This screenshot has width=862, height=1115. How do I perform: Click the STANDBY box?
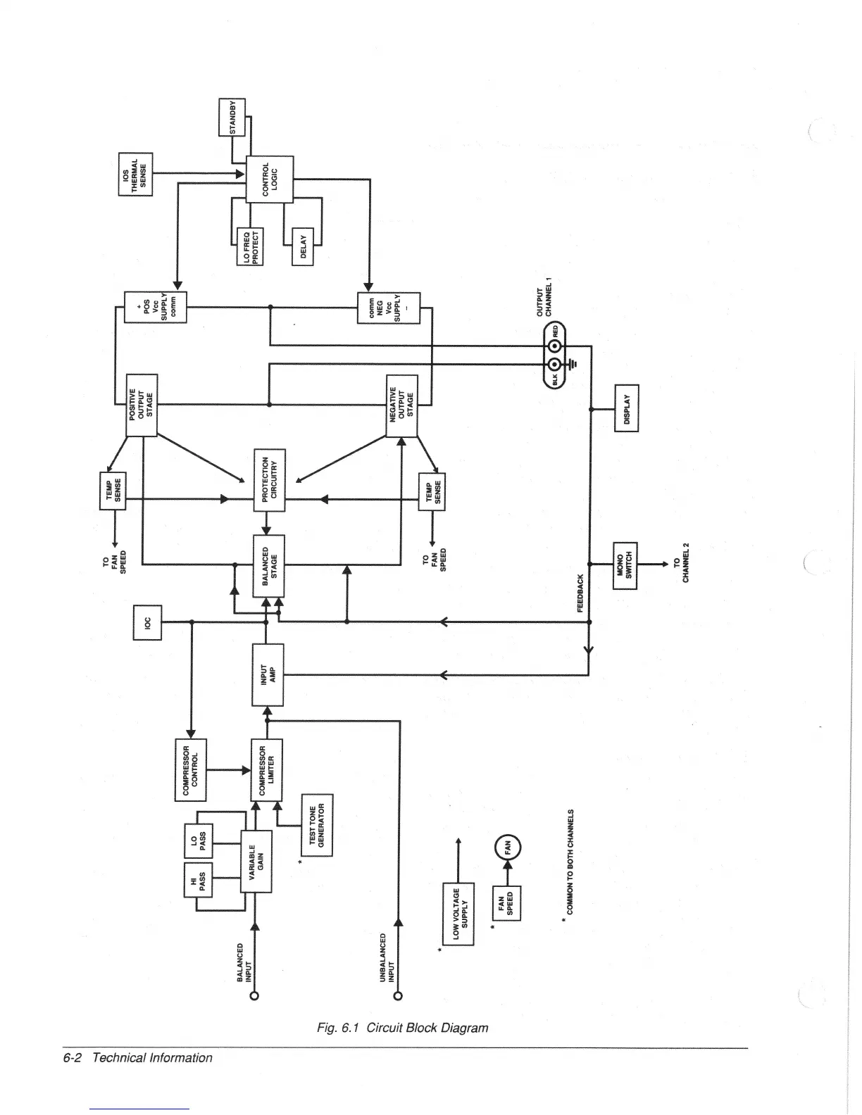click(232, 117)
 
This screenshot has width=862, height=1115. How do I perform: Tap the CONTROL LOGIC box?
click(269, 179)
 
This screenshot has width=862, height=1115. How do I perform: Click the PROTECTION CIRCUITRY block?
click(269, 479)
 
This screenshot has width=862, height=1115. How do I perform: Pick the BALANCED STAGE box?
click(269, 565)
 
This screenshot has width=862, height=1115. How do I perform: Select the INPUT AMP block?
click(268, 674)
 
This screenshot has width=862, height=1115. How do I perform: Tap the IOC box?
click(147, 623)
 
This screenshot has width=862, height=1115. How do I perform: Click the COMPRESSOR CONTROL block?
click(190, 769)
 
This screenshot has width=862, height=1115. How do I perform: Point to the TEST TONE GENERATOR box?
click(317, 825)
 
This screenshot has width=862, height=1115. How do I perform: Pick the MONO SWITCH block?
click(625, 565)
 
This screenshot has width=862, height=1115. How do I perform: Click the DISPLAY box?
click(626, 409)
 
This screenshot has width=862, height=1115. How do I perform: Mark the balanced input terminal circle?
click(254, 995)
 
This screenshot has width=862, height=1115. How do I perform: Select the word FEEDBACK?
click(581, 593)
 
